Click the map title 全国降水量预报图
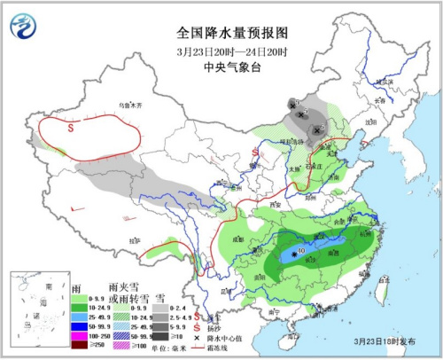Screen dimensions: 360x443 click(x=221, y=32)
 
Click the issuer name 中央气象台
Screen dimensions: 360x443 click(x=221, y=66)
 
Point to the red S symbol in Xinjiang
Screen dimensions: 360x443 click(x=70, y=128)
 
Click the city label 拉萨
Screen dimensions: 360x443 click(x=135, y=240)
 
